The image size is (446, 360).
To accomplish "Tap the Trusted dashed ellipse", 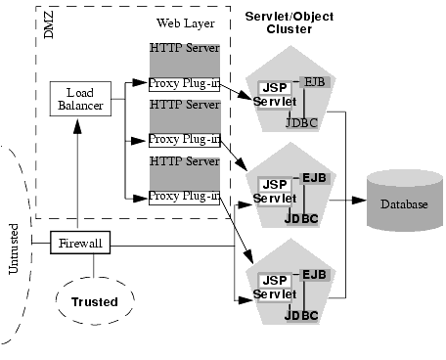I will (94, 301).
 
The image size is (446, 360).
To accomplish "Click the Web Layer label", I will (183, 22).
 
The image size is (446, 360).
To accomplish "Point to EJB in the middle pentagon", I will (313, 177).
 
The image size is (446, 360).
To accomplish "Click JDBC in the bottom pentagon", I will (300, 316).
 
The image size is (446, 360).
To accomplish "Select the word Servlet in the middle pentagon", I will (274, 198).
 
